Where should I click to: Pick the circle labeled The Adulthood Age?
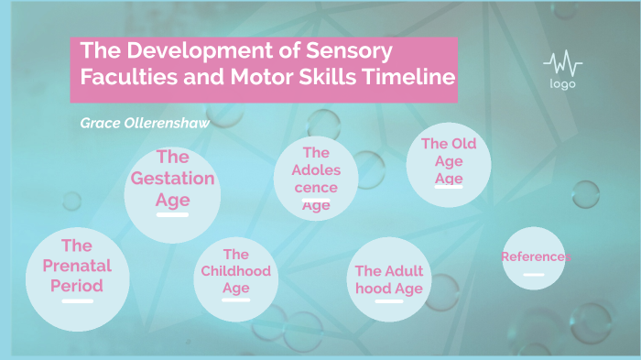click(389, 278)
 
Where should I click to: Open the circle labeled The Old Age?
click(448, 164)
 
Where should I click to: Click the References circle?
click(534, 258)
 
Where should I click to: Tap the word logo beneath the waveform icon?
click(562, 84)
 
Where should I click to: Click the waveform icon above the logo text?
click(562, 64)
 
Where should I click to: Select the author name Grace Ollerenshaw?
click(146, 121)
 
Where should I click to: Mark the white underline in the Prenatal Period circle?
click(77, 300)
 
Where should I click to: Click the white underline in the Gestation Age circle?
click(172, 214)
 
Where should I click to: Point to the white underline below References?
click(534, 274)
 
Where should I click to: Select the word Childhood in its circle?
click(236, 271)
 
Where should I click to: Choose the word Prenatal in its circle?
click(77, 266)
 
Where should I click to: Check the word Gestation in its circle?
click(172, 179)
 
